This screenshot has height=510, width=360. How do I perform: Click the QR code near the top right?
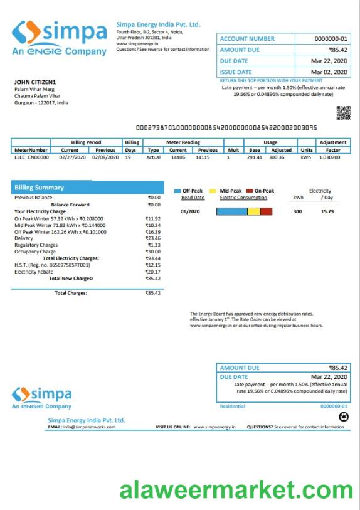tap(343, 112)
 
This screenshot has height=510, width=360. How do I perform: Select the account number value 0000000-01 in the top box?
tap(330, 39)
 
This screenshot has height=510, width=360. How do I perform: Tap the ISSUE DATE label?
tap(236, 72)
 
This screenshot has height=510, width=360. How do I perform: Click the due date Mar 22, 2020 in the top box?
tap(329, 61)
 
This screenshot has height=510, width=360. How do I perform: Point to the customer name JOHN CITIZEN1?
tap(35, 82)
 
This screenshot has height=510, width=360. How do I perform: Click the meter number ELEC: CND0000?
tap(31, 157)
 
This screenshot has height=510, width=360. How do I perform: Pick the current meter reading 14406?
tap(178, 157)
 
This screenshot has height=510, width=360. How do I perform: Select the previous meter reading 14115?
tap(203, 157)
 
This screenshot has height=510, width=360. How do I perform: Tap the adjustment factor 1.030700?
tap(333, 157)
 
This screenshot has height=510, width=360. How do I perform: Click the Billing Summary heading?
tap(39, 187)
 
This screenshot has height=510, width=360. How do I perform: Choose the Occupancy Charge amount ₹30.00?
tap(152, 252)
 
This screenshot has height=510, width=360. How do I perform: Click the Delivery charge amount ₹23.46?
tap(152, 238)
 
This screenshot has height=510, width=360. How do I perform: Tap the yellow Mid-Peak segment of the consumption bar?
tap(253, 211)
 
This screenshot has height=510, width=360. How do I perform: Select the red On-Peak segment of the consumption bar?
tap(266, 211)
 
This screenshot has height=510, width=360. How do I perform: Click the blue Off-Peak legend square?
tap(177, 191)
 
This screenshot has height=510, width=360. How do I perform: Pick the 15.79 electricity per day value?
tap(327, 211)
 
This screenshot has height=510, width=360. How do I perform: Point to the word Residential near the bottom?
tap(233, 406)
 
